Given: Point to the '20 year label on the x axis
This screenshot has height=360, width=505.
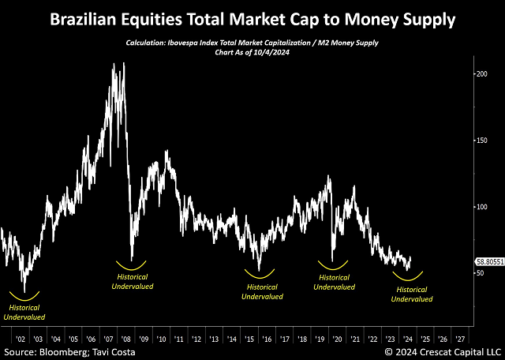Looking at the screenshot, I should pos(337,333).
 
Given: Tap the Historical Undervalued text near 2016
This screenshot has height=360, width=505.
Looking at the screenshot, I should pos(261,292).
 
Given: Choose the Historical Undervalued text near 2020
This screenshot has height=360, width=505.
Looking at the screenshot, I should pos(335,283).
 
